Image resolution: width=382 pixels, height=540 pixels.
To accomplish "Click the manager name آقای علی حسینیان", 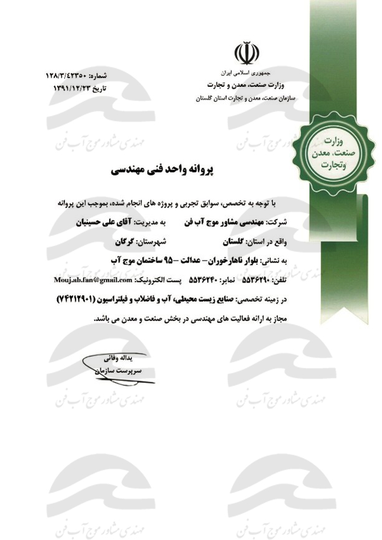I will pos(110,221).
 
